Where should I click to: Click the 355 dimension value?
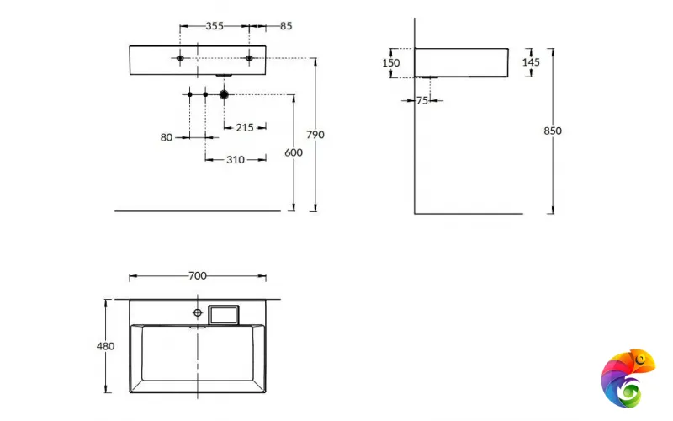pos(215,26)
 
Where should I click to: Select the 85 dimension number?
pos(286,26)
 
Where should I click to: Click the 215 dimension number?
pos(245,127)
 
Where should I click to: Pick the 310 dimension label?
pos(235,159)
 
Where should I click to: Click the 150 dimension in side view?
pos(390,63)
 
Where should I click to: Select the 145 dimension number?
pos(531,62)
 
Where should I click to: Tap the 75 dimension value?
pos(422,100)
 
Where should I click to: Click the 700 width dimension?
pos(198,276)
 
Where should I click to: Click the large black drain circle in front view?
pos(224,94)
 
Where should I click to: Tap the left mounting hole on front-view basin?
pos(180,58)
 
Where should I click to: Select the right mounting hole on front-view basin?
pos(249,58)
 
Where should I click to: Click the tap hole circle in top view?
pos(198,309)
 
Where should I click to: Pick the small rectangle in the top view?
pos(225,314)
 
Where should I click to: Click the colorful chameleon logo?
pos(628,376)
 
